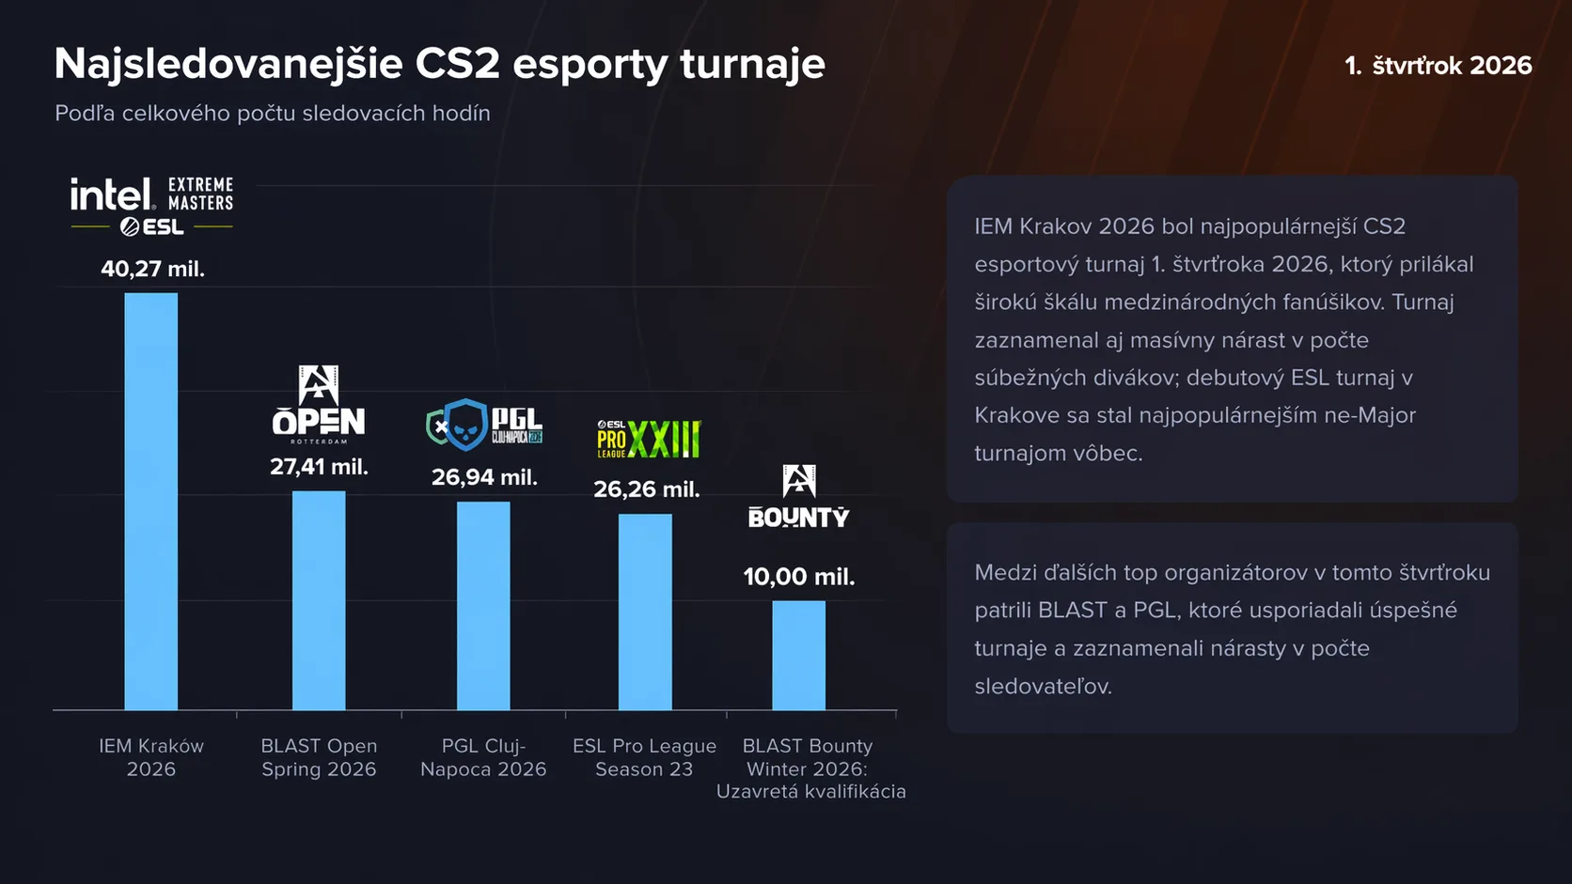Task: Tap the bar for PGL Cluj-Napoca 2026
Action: [x=483, y=605]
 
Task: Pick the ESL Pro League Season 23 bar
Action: [x=645, y=612]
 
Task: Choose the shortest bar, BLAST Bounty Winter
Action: [x=799, y=655]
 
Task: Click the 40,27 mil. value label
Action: [x=152, y=269]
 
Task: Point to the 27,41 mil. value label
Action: [x=319, y=466]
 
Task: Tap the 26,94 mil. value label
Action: [x=484, y=477]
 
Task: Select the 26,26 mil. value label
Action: [x=647, y=489]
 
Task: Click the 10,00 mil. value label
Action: [x=799, y=577]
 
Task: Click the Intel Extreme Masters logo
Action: [x=152, y=204]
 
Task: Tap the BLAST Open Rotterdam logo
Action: [x=319, y=404]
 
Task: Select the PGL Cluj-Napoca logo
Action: [x=484, y=425]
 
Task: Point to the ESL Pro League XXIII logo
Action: [x=649, y=439]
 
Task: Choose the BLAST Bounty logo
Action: [x=799, y=497]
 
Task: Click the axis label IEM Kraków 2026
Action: [x=151, y=757]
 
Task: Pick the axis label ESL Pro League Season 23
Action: [x=645, y=757]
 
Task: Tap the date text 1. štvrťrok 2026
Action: [x=1438, y=66]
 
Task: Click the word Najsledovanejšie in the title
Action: [x=228, y=64]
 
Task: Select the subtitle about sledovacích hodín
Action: [x=273, y=113]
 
